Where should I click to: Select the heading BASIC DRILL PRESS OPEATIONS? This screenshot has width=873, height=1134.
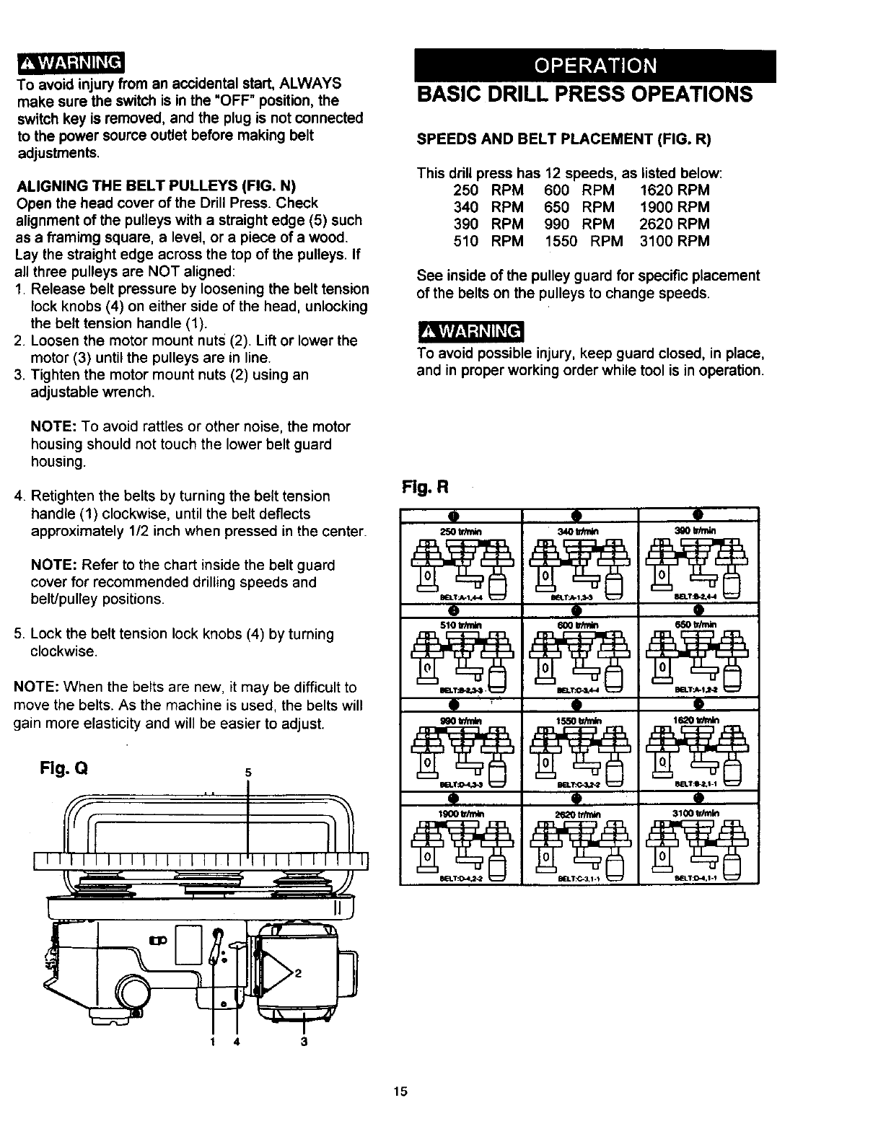[584, 94]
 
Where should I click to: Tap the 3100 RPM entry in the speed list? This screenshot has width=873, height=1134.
[675, 241]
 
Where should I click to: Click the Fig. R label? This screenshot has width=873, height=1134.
[424, 487]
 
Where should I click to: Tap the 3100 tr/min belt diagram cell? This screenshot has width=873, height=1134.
[698, 843]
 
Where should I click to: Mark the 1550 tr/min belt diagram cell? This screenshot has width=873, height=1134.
[579, 750]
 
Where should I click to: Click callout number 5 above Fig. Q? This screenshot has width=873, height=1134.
[248, 773]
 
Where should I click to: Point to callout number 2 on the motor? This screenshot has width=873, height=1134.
[297, 972]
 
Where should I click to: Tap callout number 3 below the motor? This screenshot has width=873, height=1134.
[304, 1042]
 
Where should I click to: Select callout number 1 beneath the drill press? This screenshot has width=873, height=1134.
[213, 1042]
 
